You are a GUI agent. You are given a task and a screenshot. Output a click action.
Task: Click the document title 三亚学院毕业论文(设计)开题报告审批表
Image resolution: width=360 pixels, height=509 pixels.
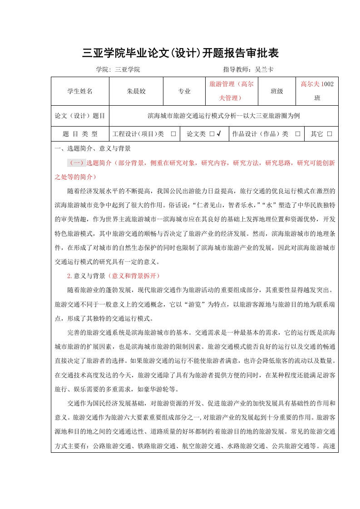coord(180,53)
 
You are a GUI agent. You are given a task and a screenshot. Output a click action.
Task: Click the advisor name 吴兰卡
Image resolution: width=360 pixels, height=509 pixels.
coord(264,69)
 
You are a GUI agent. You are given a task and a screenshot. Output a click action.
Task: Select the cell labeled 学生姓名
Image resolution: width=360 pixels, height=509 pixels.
coord(80,91)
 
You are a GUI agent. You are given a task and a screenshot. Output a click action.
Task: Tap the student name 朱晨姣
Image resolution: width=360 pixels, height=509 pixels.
coord(136,91)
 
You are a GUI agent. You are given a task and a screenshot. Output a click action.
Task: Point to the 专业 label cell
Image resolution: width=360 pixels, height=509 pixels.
coord(184,91)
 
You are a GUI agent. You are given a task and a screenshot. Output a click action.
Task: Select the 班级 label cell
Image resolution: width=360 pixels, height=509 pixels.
coord(277,91)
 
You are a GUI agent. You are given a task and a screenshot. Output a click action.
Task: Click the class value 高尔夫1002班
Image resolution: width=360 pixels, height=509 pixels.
coord(317,91)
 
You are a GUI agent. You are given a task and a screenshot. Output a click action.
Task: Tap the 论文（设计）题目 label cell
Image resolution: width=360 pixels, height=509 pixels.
coord(80,116)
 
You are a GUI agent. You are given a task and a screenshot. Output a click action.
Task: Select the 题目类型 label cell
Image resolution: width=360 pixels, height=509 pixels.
coord(80,134)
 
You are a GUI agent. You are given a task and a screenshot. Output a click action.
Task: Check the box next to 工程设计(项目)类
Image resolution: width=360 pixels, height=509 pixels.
coord(173,134)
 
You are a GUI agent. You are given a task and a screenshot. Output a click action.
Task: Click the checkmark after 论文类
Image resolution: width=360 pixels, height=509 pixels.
coord(219,134)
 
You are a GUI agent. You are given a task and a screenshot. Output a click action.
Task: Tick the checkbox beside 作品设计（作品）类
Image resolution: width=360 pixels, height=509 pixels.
coord(298,134)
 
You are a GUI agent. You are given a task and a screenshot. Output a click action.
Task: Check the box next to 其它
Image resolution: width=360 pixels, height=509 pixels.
coord(330,134)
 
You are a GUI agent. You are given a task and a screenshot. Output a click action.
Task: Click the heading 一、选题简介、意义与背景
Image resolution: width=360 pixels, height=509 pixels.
coord(93,148)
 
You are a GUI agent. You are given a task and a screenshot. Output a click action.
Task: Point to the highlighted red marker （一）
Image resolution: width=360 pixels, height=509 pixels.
coord(76,163)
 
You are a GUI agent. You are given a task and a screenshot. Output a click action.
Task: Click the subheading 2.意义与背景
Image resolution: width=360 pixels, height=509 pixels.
coord(86,276)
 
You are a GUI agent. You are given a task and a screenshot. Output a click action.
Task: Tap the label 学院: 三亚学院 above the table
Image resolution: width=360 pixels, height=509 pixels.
coord(118,69)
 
